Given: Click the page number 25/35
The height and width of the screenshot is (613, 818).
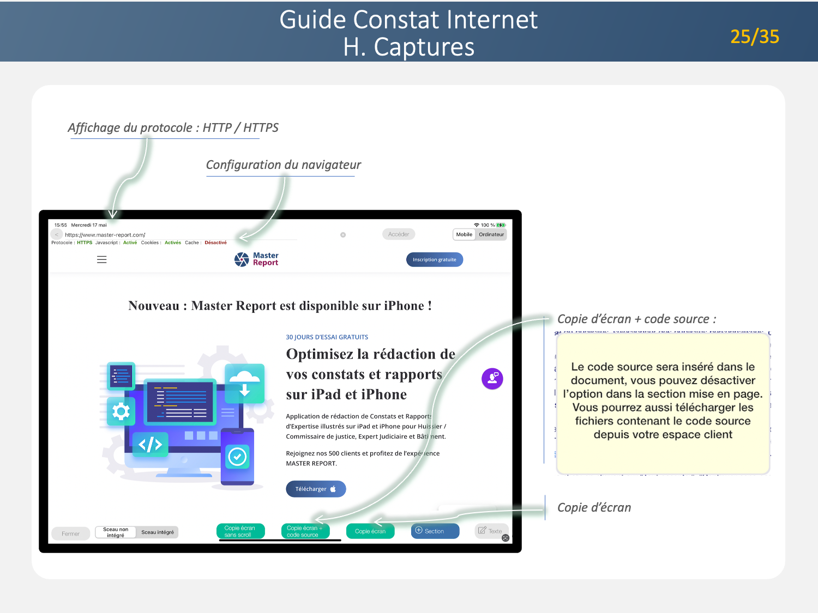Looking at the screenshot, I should pyautogui.click(x=754, y=37).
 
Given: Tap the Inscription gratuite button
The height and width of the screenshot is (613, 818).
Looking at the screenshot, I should pyautogui.click(x=434, y=260).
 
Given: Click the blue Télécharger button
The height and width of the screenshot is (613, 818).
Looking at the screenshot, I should pyautogui.click(x=316, y=489).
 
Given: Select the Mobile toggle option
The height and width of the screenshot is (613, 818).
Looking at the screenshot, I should pyautogui.click(x=464, y=234).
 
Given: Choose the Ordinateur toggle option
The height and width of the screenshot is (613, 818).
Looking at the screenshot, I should pyautogui.click(x=491, y=234).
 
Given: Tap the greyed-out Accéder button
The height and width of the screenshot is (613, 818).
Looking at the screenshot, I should pyautogui.click(x=399, y=234).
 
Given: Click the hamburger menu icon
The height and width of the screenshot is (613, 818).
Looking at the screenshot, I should pyautogui.click(x=102, y=260).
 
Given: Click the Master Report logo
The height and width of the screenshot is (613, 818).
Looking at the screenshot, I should pyautogui.click(x=256, y=259).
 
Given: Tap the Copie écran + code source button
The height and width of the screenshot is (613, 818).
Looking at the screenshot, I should pyautogui.click(x=305, y=531).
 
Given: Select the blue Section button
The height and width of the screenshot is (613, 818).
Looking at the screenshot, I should pyautogui.click(x=435, y=531).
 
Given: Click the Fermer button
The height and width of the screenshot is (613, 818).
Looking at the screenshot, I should pyautogui.click(x=70, y=534).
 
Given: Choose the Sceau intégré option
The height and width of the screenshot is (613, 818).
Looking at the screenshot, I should pyautogui.click(x=158, y=532).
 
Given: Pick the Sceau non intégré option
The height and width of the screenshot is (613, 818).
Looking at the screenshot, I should pyautogui.click(x=116, y=532).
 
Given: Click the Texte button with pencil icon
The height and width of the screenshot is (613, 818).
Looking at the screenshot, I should pyautogui.click(x=491, y=531).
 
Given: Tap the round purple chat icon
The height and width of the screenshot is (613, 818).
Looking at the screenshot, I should pyautogui.click(x=492, y=379).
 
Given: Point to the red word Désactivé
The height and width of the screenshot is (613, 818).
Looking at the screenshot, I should pyautogui.click(x=215, y=243).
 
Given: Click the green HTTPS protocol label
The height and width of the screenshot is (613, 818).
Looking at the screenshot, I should pyautogui.click(x=85, y=243).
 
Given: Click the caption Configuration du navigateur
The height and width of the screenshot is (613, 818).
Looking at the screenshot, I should pyautogui.click(x=283, y=165).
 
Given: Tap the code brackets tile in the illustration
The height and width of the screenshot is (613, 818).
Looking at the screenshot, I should pyautogui.click(x=151, y=445).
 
